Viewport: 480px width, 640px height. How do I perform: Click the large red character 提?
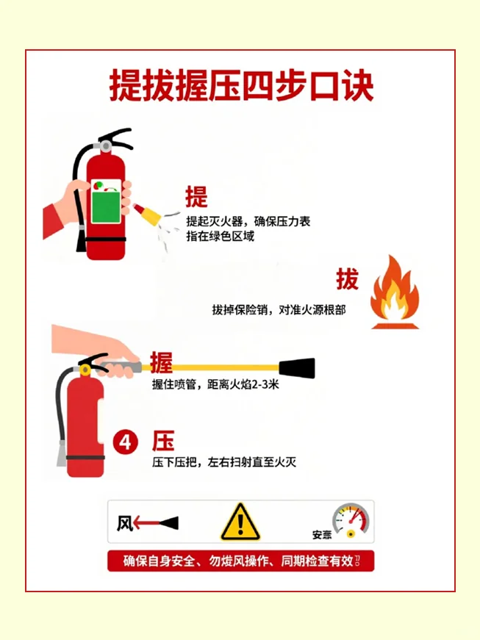pyautogui.click(x=196, y=197)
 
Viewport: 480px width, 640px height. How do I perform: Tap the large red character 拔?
pyautogui.click(x=348, y=279)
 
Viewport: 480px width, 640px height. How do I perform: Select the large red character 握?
pyautogui.click(x=162, y=362)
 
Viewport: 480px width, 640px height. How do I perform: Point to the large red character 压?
pyautogui.click(x=163, y=442)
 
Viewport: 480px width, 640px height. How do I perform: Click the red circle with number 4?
pyautogui.click(x=126, y=442)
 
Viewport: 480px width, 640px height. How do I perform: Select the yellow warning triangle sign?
pyautogui.click(x=240, y=522)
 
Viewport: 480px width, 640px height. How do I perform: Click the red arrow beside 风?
pyautogui.click(x=147, y=524)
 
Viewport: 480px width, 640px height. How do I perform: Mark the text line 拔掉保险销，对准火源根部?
pyautogui.click(x=279, y=310)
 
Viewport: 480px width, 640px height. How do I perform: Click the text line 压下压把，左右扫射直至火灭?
pyautogui.click(x=224, y=463)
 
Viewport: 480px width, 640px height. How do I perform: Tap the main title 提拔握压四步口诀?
pyautogui.click(x=241, y=86)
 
